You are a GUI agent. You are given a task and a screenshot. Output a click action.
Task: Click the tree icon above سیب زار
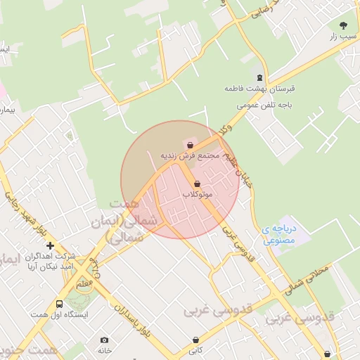point(343,25)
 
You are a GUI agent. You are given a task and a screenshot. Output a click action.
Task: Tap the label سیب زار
point(343,36)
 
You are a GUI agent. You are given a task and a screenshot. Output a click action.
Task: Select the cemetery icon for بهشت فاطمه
point(260,77)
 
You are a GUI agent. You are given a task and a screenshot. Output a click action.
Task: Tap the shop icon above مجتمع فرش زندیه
point(191,145)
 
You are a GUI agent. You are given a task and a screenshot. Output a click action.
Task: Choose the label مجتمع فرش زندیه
point(191,155)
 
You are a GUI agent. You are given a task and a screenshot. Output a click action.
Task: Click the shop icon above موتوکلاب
point(196,184)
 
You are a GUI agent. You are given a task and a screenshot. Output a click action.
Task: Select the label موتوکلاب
point(198,194)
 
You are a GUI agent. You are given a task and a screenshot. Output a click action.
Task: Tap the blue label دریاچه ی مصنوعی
point(281,233)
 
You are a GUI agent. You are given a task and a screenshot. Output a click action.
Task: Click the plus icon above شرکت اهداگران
point(50,245)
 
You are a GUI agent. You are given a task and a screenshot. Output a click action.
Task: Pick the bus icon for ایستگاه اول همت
point(59,304)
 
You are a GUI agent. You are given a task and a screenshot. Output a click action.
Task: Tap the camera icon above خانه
point(105,340)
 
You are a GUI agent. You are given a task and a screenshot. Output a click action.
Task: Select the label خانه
point(105,350)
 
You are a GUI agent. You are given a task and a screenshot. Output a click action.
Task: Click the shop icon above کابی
point(195,340)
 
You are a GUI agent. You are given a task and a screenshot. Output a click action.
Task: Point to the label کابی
point(195,350)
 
